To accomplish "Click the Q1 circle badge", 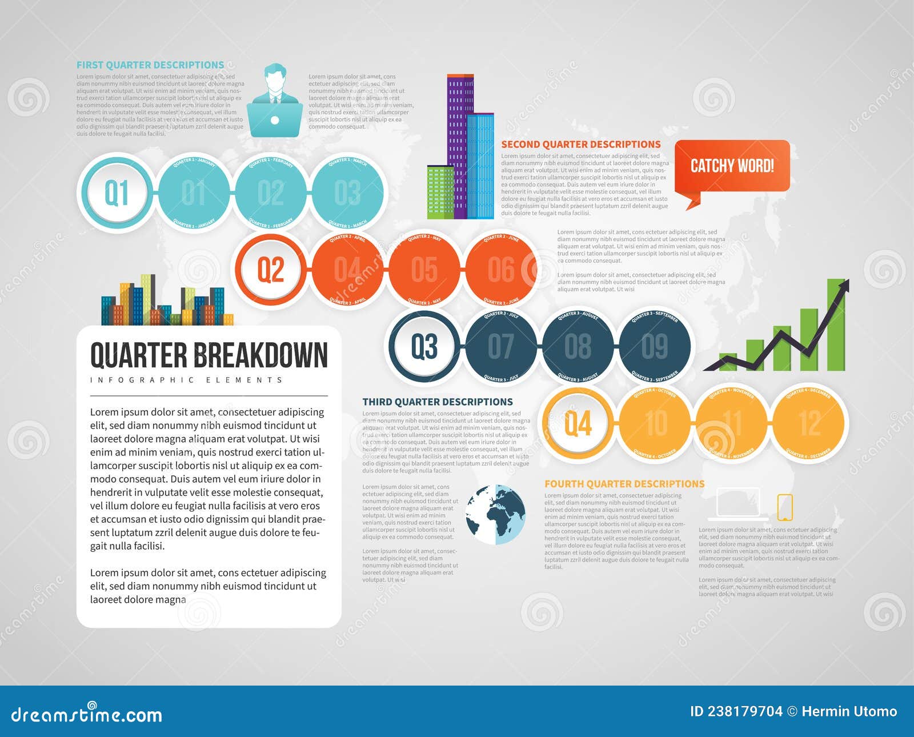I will [117, 193].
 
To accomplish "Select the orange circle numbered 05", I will [424, 269].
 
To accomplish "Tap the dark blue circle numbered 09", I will [655, 346].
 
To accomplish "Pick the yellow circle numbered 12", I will [810, 423].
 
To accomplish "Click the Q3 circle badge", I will [424, 346].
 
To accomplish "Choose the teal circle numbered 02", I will [271, 193].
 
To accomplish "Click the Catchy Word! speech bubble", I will [732, 166].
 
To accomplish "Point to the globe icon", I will [495, 514].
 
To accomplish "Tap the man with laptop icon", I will [275, 101].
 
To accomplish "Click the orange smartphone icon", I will [785, 507].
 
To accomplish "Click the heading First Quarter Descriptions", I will [150, 65].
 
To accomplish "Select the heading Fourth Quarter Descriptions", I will [624, 484].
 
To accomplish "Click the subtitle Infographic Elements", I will [187, 380].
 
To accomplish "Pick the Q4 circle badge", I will [578, 423].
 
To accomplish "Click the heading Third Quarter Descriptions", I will [438, 402].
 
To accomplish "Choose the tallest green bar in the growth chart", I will [836, 326].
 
